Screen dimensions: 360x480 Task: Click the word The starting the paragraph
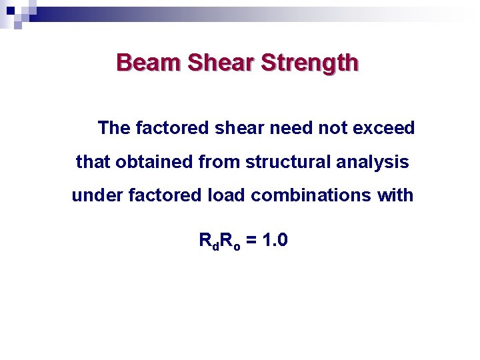coord(114,127)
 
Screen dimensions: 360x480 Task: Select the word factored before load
coord(158,196)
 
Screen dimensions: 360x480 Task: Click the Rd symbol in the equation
coord(208,241)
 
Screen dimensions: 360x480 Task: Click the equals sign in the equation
coord(250,241)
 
